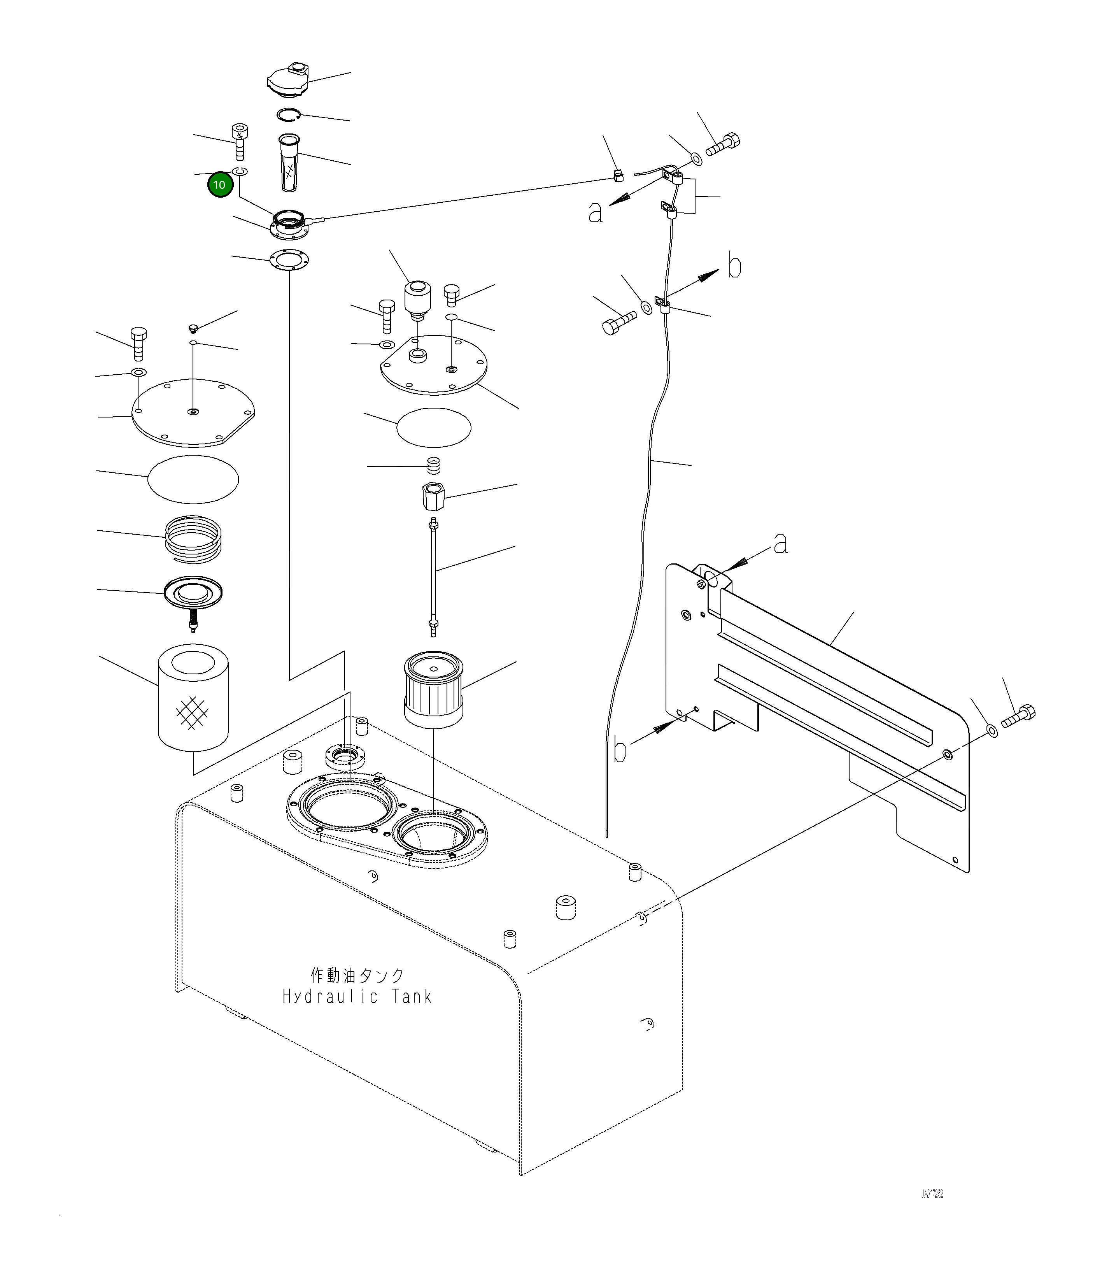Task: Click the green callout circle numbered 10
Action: [x=219, y=185]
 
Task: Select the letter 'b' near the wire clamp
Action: [x=734, y=266]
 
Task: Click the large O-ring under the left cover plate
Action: [x=193, y=479]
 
